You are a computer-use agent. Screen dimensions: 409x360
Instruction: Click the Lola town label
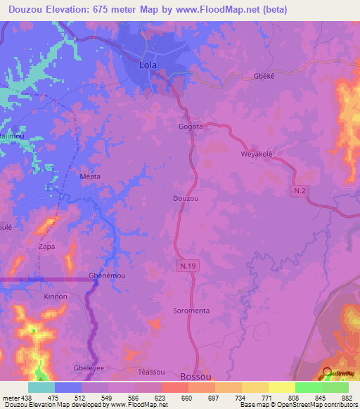(148, 65)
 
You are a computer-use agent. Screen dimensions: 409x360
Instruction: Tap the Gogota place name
(191, 127)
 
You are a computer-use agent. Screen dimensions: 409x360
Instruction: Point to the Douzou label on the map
(186, 199)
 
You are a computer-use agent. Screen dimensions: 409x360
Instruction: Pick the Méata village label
(91, 176)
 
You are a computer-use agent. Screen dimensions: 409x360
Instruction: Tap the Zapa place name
(47, 247)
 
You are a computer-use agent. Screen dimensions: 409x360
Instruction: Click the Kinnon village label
(56, 297)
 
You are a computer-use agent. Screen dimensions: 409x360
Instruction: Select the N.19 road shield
(182, 264)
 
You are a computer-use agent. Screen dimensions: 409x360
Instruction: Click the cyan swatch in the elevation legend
(41, 387)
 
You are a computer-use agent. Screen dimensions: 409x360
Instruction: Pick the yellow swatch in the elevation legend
(282, 387)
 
